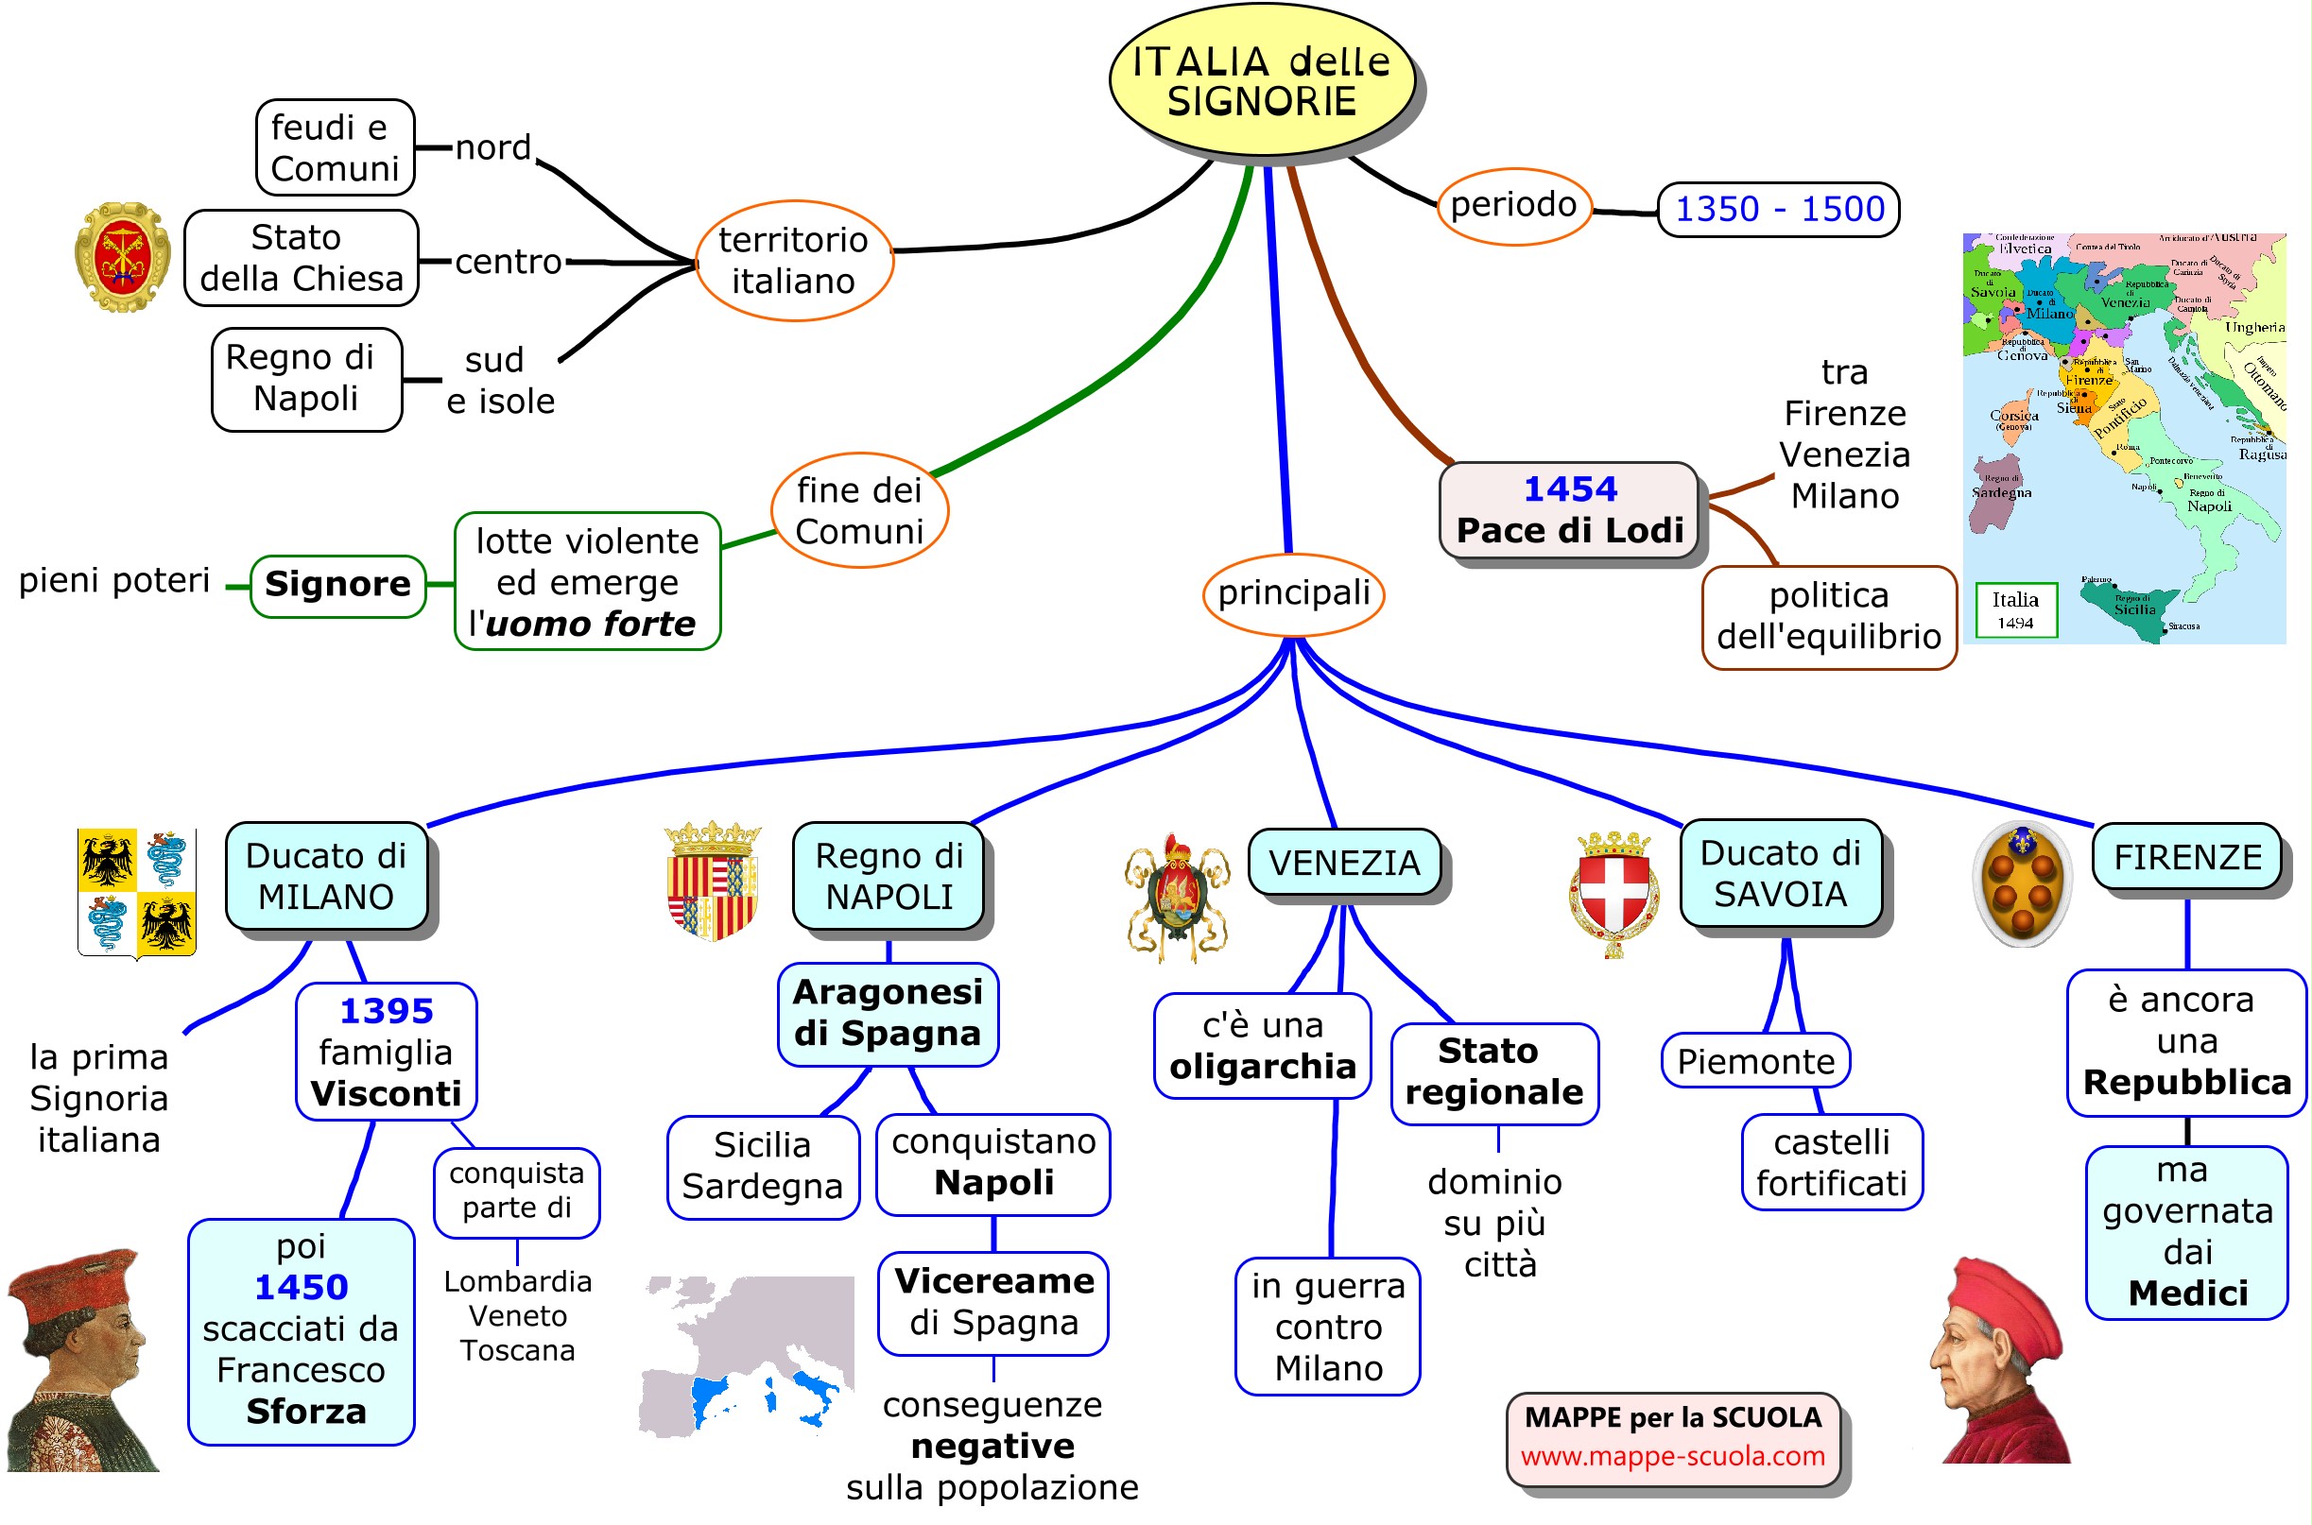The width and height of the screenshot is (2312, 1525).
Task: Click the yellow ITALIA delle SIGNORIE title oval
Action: pos(1262,80)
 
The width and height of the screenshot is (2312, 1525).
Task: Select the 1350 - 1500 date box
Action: pos(1778,209)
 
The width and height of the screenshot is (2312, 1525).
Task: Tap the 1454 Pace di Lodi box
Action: pos(1568,509)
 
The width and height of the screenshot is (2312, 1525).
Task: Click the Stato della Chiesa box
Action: pos(302,259)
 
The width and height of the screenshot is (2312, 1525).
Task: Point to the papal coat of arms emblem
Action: pos(123,257)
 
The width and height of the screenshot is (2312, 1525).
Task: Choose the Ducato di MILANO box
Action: pos(326,876)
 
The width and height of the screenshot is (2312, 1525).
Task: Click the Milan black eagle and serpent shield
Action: pos(137,892)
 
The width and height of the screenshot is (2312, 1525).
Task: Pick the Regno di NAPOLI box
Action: pos(889,876)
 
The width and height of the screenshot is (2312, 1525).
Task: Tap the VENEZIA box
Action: pos(1343,863)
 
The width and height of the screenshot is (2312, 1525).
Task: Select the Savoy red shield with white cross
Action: pos(1613,892)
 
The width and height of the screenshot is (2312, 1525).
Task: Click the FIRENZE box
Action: pos(2185,857)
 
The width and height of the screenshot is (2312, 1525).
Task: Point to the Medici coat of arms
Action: pos(2021,883)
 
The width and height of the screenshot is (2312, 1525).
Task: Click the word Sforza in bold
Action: pos(306,1412)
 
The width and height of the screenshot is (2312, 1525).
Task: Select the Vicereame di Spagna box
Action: pos(993,1302)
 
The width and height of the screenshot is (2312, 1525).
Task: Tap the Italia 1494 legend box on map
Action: pos(2015,609)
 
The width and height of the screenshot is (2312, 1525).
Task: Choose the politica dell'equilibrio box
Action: pos(1828,617)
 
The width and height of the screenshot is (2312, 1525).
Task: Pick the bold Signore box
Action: pos(337,585)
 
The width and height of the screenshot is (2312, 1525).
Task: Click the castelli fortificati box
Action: pos(1831,1162)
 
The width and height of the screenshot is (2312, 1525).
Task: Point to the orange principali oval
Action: pos(1293,593)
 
